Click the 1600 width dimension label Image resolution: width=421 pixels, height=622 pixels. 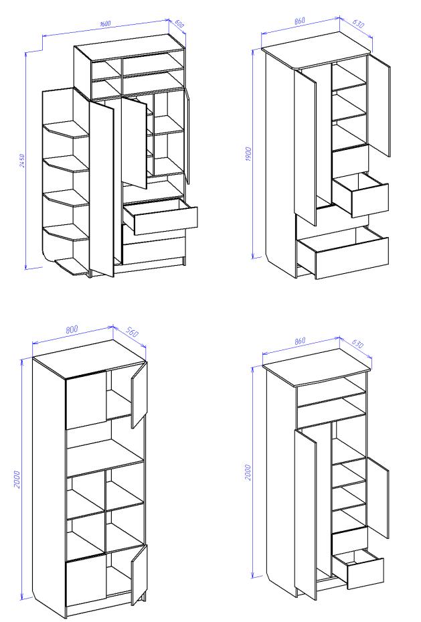106,23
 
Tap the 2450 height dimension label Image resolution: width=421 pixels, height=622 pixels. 23,161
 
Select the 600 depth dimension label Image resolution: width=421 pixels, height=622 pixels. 179,23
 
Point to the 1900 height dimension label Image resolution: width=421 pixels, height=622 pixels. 248,154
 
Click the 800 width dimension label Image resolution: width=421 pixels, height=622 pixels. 72,329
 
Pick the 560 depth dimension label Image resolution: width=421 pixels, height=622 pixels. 132,331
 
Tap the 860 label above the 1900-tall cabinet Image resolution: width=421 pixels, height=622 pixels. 300,21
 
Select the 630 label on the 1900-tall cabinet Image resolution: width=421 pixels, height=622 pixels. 357,23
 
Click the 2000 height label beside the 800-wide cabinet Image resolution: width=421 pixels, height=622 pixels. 17,479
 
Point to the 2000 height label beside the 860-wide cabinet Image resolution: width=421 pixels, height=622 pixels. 248,473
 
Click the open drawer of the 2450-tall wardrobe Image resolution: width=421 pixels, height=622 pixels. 160,216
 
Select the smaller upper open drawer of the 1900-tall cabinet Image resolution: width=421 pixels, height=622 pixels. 360,195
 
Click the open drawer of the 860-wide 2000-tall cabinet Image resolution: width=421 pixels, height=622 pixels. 358,569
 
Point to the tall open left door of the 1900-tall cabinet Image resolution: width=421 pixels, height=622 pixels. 305,147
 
